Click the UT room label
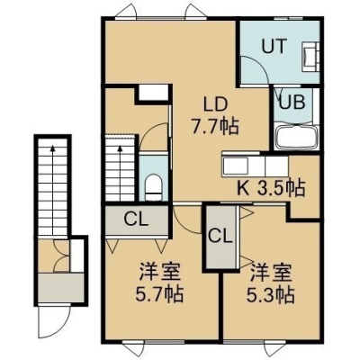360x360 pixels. pyautogui.click(x=274, y=47)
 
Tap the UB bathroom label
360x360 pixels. pyautogui.click(x=292, y=102)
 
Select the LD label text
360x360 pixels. pyautogui.click(x=215, y=104)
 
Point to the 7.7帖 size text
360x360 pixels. pyautogui.click(x=215, y=126)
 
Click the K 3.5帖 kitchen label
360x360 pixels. pyautogui.click(x=271, y=188)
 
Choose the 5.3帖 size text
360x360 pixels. pyautogui.click(x=270, y=294)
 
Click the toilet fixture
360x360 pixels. pyautogui.click(x=153, y=187)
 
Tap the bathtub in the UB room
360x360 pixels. pyautogui.click(x=296, y=138)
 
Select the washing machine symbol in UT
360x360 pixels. pyautogui.click(x=310, y=57)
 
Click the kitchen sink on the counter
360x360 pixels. pyautogui.click(x=235, y=166)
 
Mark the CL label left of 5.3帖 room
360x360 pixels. pyautogui.click(x=220, y=237)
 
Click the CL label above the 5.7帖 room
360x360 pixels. pyautogui.click(x=137, y=220)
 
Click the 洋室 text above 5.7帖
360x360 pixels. pyautogui.click(x=159, y=272)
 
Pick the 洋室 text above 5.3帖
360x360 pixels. pyautogui.click(x=271, y=273)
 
